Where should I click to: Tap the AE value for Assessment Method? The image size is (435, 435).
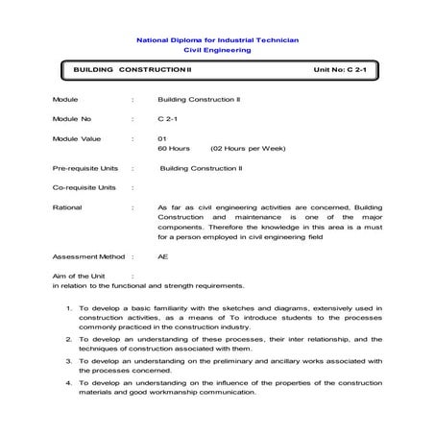click(162, 257)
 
